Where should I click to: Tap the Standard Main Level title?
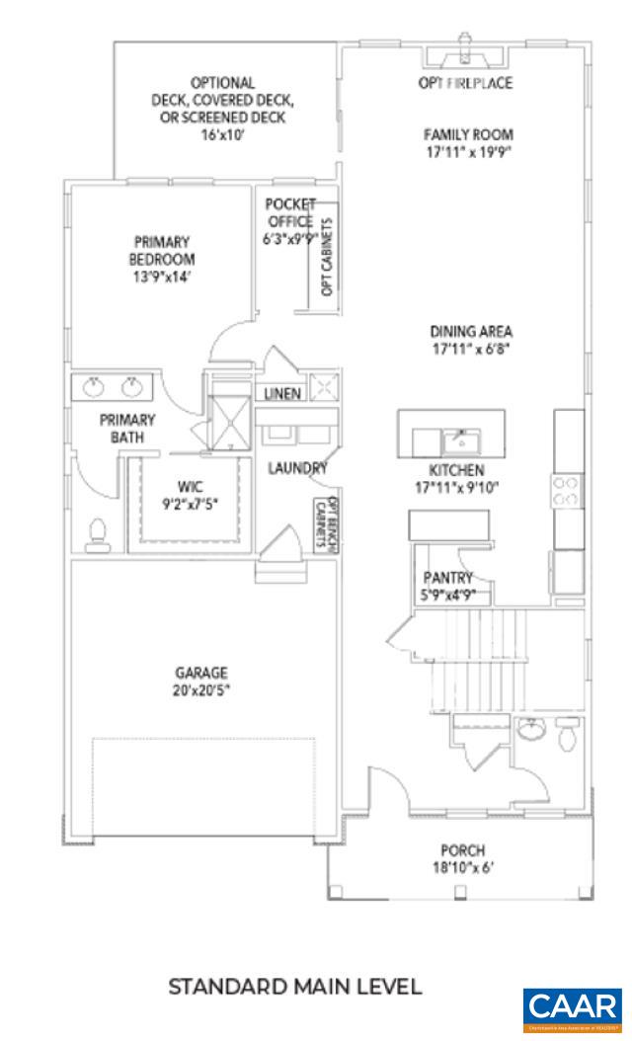click(296, 986)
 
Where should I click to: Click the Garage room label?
click(201, 681)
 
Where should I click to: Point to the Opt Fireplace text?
click(465, 83)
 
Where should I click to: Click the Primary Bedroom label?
click(160, 258)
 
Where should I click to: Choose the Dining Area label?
click(470, 340)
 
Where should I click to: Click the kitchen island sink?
click(459, 437)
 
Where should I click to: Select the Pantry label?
click(446, 586)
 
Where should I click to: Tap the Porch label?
click(462, 859)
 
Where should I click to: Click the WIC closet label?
click(190, 494)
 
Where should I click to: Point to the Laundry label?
click(297, 468)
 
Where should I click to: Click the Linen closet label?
click(283, 393)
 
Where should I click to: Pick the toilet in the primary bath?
click(97, 533)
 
